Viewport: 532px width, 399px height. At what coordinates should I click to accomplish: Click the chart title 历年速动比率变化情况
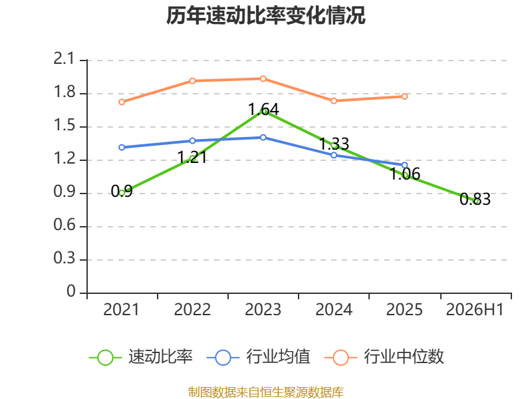tap(265, 15)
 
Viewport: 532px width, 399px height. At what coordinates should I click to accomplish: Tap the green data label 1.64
tap(263, 109)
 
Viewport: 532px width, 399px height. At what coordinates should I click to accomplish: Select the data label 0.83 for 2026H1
tap(475, 199)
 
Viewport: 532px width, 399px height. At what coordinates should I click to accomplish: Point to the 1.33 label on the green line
tap(334, 144)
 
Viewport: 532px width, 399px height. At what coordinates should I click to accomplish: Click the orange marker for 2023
tap(263, 78)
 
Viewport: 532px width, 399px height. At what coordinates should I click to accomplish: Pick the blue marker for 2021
tap(122, 147)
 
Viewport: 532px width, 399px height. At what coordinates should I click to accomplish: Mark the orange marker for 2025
tap(404, 96)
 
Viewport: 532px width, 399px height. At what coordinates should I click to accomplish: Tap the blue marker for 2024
tap(334, 155)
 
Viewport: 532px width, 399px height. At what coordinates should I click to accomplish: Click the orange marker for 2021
tap(122, 102)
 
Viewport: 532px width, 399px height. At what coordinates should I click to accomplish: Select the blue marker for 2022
tap(192, 140)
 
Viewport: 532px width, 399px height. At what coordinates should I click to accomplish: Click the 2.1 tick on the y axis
tap(64, 59)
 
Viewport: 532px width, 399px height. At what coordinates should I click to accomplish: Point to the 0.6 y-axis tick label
tap(65, 225)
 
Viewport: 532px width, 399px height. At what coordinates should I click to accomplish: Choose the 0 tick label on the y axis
tap(71, 291)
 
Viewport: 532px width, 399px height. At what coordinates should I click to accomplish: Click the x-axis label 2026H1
tap(475, 309)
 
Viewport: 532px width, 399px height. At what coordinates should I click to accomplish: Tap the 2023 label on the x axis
tap(263, 309)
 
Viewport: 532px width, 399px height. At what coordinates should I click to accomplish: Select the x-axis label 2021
tap(121, 309)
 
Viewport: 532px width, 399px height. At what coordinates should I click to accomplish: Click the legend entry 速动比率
tap(141, 357)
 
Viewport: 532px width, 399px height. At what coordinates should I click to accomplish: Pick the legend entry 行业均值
tap(258, 357)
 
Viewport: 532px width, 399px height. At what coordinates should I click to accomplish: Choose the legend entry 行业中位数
tap(384, 357)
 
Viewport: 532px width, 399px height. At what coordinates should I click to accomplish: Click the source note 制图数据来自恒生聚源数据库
tap(266, 392)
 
